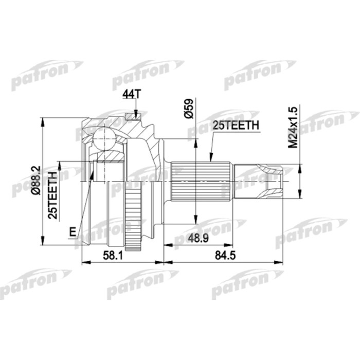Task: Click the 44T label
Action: (x=130, y=95)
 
